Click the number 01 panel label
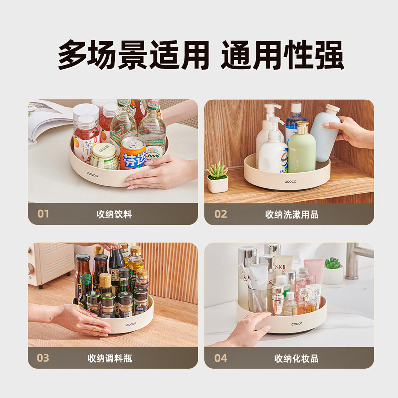point(44,214)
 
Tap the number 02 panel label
point(220,214)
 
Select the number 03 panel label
point(43,358)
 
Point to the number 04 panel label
point(220,358)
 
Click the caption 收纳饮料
point(114,215)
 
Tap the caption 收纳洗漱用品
point(292,215)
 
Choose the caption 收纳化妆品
point(296,358)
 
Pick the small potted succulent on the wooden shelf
point(217,177)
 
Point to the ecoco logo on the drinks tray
point(91,175)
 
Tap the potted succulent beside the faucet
point(333,270)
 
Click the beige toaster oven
point(50,264)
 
